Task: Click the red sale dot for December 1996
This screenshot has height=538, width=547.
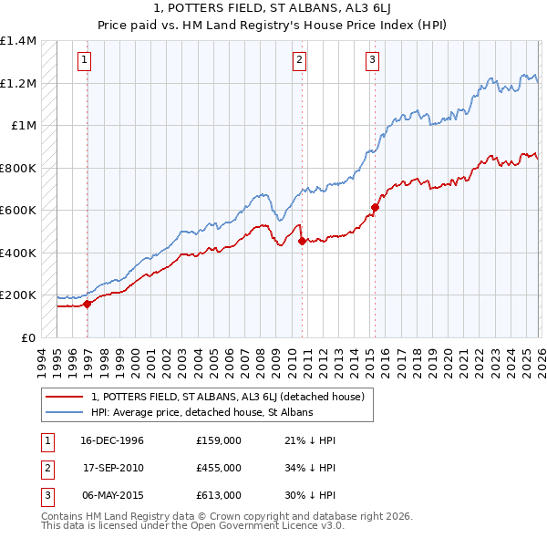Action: [88, 305]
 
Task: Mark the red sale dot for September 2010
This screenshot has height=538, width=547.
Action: [303, 242]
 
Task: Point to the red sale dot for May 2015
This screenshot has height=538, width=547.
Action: [375, 208]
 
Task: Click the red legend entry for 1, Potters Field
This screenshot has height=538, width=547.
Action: [228, 397]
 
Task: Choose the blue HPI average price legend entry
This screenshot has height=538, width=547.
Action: [201, 412]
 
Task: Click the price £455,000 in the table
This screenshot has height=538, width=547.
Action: [219, 467]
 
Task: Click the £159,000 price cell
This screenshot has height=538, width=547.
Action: [219, 440]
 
